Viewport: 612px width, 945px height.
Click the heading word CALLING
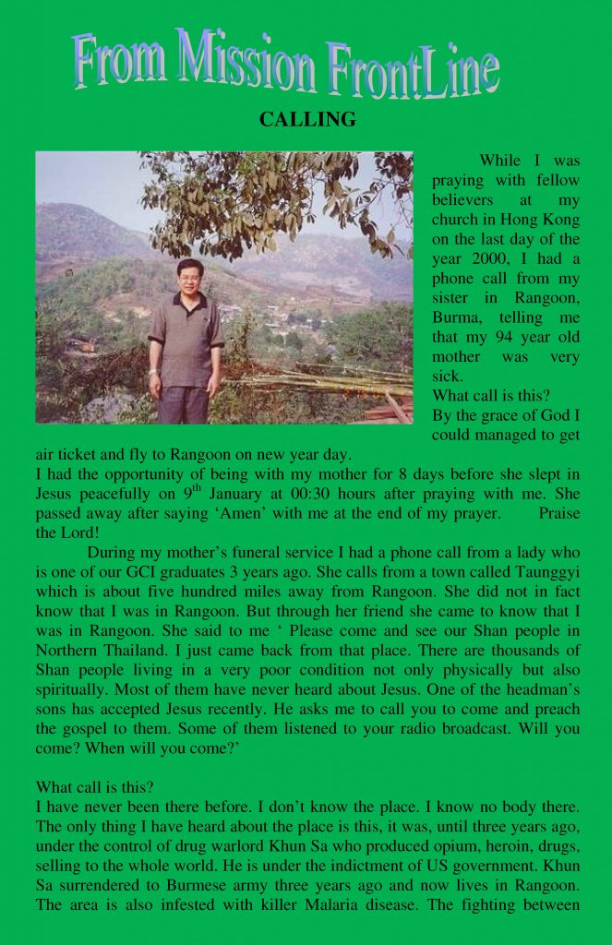(307, 120)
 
